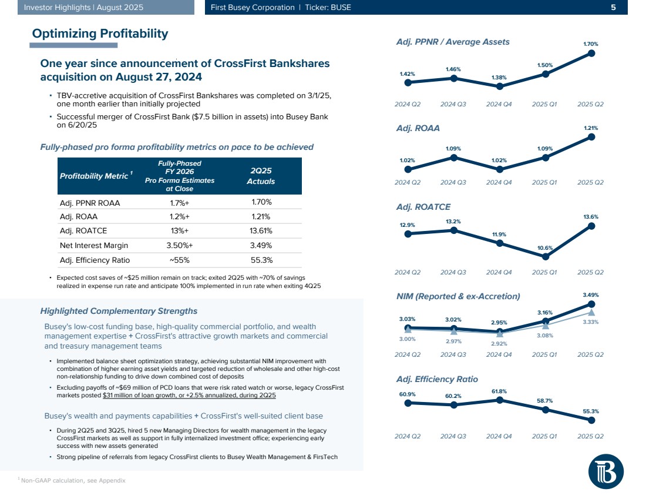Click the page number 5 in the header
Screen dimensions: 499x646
(613, 8)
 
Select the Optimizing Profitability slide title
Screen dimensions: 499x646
(100, 34)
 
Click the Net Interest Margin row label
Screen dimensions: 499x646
(93, 245)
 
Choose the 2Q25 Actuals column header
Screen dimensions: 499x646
(260, 176)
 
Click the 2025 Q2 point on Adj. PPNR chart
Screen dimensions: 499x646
(591, 53)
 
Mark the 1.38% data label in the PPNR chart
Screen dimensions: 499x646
(499, 78)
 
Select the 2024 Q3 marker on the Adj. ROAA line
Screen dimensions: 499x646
(453, 157)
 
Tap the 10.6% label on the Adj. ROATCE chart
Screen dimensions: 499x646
(546, 247)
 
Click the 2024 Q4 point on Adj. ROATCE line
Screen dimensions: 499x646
(499, 243)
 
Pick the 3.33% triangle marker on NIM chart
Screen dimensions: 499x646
(591, 313)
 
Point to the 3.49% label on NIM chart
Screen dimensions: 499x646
(591, 294)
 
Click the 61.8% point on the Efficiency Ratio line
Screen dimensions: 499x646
(499, 400)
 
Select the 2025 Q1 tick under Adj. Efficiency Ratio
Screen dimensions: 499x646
(545, 436)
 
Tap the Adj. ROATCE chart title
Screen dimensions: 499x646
(423, 206)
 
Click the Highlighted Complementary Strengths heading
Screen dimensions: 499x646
(118, 310)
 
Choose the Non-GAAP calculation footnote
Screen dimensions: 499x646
(73, 481)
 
